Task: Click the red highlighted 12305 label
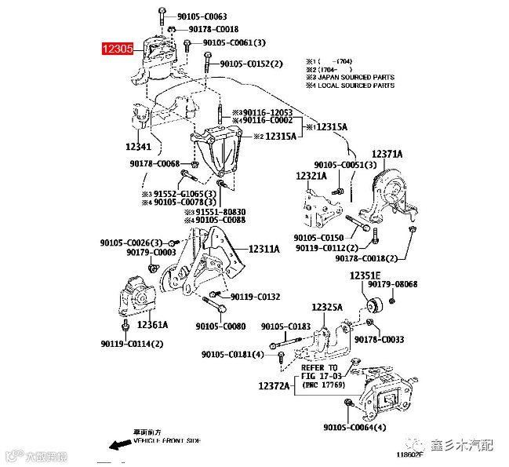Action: coord(118,49)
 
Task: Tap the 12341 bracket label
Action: coord(138,147)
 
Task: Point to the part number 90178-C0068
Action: coord(155,163)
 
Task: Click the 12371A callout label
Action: coord(387,154)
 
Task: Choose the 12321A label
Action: coord(311,177)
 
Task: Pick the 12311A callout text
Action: coord(264,249)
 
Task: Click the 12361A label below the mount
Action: coord(152,324)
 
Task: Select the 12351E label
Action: coord(365,275)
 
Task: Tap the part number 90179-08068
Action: coord(416,284)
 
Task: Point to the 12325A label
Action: coord(327,307)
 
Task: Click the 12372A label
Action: coord(274,386)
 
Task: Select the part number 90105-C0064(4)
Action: coord(354,428)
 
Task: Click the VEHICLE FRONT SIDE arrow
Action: coord(120,444)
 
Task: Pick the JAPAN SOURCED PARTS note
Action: coord(351,78)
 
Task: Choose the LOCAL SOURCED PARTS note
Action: coord(351,86)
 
